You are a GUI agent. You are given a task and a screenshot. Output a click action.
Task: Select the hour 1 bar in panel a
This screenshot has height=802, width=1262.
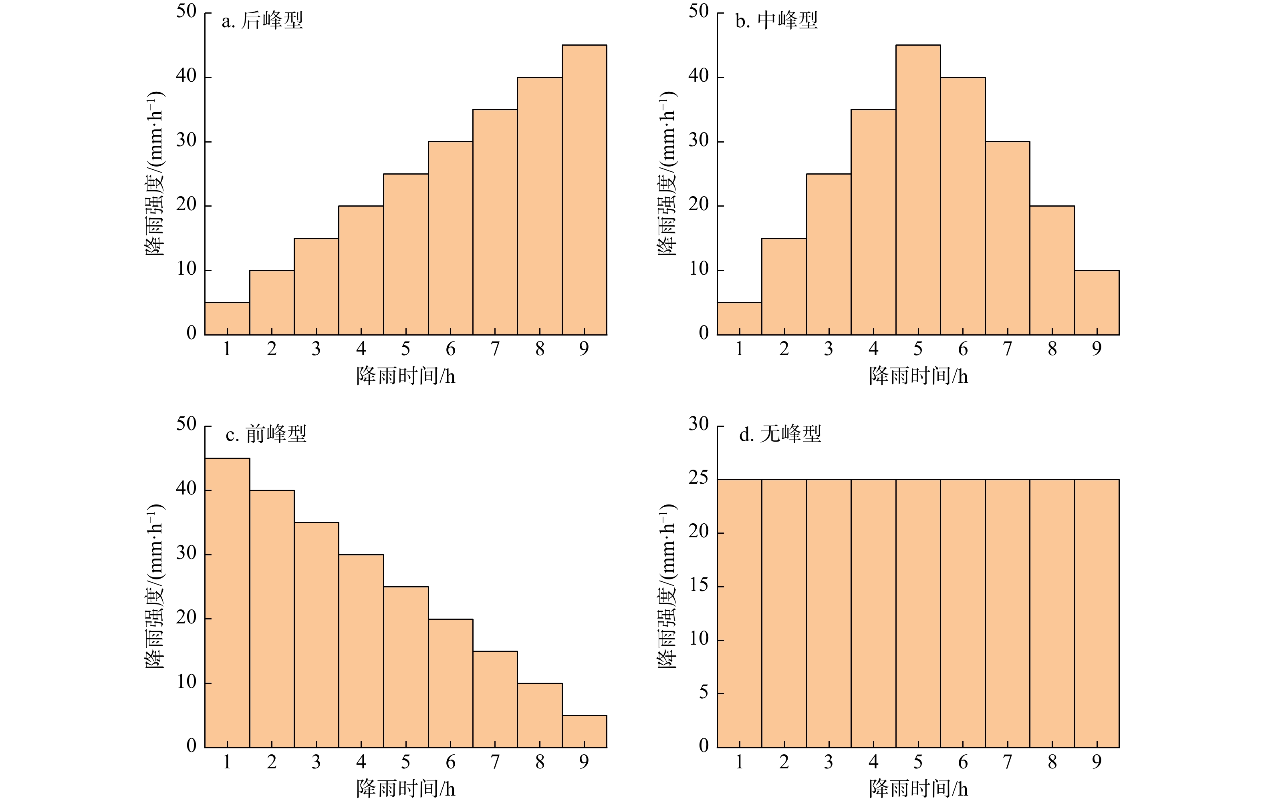point(227,318)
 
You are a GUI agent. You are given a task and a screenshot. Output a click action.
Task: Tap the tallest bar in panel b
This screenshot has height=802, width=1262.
point(918,190)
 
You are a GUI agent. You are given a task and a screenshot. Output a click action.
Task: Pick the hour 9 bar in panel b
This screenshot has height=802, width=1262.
point(1097,302)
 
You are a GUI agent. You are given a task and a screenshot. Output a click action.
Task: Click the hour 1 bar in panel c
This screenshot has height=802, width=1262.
point(227,603)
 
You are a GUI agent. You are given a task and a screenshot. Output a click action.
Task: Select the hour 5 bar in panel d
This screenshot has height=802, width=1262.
point(918,613)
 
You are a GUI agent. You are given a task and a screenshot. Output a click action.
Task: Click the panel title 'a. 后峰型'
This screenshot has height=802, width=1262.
point(262,21)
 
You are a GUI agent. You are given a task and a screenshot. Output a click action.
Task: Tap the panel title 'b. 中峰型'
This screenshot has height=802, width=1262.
point(776,21)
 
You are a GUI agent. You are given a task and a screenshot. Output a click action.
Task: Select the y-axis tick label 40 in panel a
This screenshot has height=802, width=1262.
point(186,76)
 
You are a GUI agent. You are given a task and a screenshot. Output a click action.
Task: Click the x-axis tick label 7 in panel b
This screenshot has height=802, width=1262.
point(1007,349)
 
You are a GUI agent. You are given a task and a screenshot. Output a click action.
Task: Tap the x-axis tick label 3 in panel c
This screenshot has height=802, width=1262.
point(316,762)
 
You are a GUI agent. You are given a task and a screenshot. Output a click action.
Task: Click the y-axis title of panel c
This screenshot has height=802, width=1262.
point(155,586)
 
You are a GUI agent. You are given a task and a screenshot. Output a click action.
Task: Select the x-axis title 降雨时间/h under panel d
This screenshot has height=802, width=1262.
point(918,789)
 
